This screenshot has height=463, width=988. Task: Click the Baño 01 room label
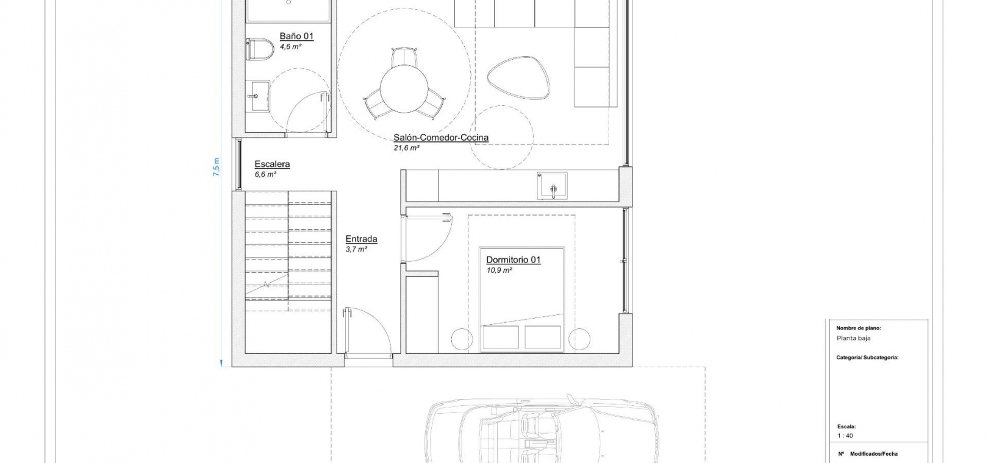click(296, 36)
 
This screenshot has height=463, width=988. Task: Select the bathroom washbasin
click(257, 96)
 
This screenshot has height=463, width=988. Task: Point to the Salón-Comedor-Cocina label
click(441, 138)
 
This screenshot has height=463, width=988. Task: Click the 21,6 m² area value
click(406, 148)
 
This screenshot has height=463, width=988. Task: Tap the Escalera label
click(272, 164)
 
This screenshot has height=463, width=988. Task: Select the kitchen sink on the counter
click(552, 186)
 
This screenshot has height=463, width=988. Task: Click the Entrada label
click(361, 239)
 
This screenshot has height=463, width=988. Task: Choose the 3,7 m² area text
click(356, 249)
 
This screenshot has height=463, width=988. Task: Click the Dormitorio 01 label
click(513, 260)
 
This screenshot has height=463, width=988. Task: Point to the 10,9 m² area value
click(499, 270)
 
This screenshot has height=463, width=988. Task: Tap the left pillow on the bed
click(501, 337)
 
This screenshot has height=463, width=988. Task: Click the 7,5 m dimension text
click(217, 168)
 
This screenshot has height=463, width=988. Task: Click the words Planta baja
click(853, 338)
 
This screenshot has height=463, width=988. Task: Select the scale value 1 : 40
click(845, 436)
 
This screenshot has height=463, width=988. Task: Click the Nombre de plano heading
click(858, 328)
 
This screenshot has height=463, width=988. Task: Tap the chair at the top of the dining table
click(404, 57)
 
